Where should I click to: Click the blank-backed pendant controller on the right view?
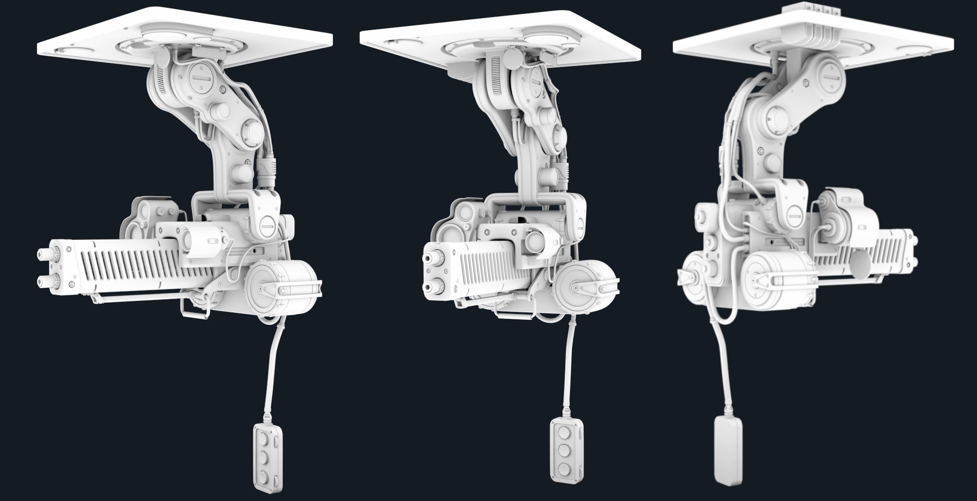[x=728, y=451]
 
